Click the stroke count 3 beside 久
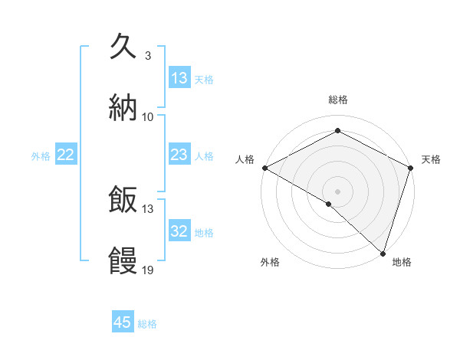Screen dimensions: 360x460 [147, 56]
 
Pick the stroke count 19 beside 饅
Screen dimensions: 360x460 [148, 270]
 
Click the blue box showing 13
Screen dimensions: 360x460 [179, 78]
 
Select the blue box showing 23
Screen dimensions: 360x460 [179, 155]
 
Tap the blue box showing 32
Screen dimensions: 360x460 [179, 231]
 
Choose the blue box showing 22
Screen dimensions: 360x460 [66, 155]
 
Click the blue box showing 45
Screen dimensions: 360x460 [123, 322]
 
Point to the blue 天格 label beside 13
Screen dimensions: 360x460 [204, 79]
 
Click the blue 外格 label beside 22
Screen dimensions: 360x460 [41, 155]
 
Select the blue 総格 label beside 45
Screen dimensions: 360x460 [147, 323]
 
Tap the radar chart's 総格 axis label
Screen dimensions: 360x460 [337, 100]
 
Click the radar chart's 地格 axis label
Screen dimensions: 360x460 [402, 263]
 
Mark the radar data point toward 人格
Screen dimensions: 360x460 [264, 168]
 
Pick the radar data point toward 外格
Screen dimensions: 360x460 [329, 204]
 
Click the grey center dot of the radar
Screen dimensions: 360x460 [337, 191]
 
